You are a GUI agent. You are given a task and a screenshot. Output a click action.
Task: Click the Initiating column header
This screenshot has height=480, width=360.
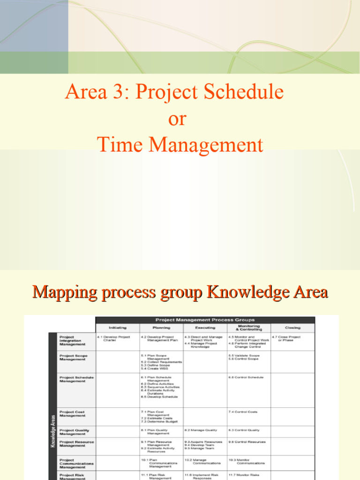tap(117, 328)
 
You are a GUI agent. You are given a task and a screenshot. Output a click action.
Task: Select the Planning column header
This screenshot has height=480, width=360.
tap(161, 328)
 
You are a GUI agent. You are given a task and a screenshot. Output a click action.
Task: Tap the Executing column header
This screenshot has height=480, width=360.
tap(205, 328)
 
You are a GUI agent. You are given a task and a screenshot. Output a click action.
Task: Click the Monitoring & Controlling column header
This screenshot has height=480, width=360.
tap(248, 328)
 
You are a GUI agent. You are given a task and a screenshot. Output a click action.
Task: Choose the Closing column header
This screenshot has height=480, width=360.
tap(292, 328)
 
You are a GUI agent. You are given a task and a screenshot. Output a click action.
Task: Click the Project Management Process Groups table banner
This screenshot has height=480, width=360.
tap(205, 320)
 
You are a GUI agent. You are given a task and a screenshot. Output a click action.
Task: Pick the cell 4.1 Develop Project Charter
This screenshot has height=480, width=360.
tap(113, 338)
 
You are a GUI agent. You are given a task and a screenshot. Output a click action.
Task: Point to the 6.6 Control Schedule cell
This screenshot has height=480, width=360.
tap(246, 377)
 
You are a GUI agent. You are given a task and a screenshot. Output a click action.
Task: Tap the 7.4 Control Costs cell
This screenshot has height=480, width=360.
tap(243, 412)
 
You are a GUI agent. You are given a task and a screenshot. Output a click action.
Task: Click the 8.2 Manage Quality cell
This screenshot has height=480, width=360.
tap(201, 430)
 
